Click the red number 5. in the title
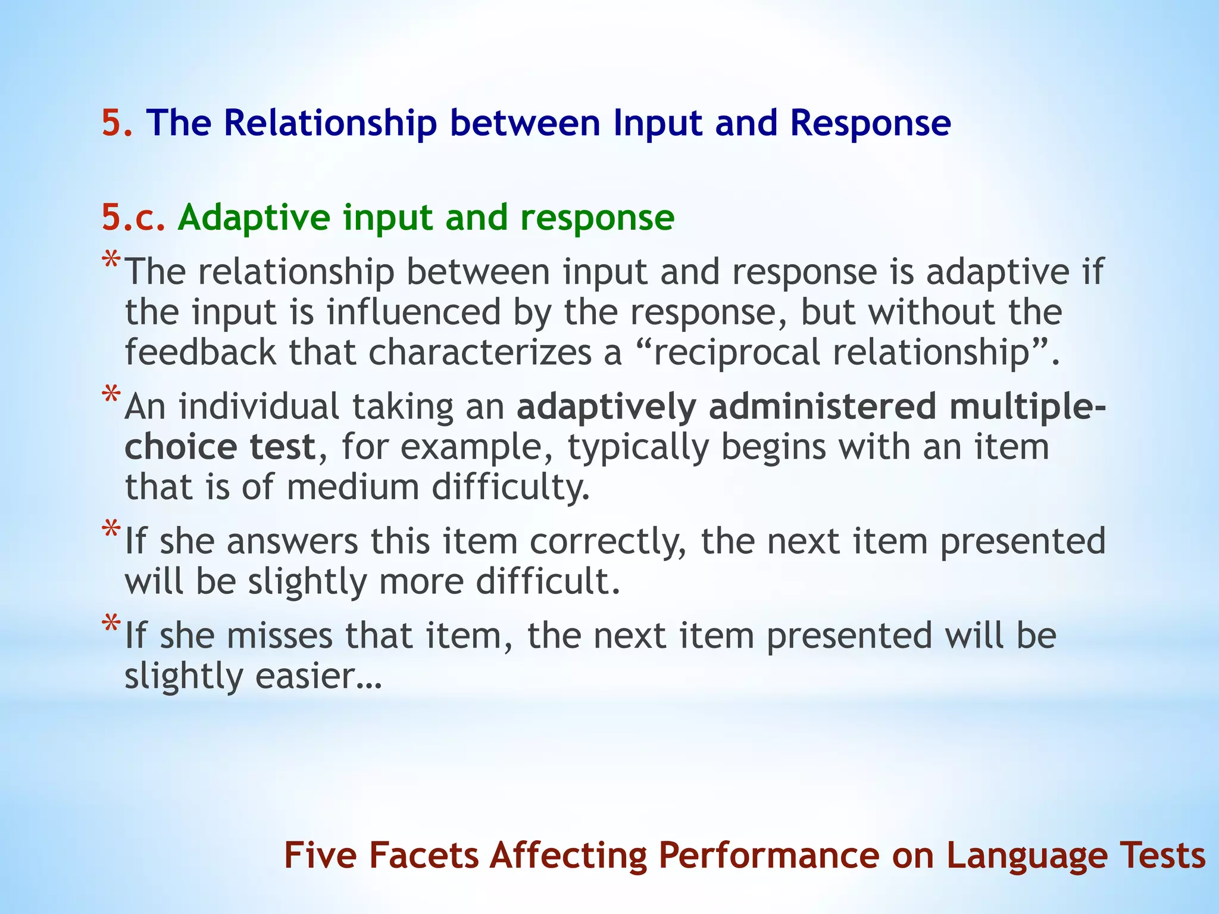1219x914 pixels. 117,123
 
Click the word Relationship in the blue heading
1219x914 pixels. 330,123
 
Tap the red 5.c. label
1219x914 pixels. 133,217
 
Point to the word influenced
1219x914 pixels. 414,312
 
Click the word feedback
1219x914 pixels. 201,352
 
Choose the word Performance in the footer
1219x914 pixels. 768,856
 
